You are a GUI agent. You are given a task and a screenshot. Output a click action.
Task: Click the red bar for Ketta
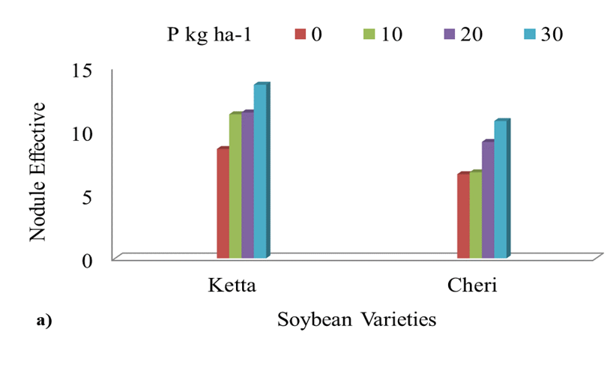223,204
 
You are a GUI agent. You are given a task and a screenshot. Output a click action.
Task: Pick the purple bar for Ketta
247,185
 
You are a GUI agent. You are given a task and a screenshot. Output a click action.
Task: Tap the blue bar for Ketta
259,172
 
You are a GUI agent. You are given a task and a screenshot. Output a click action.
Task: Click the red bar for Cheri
463,217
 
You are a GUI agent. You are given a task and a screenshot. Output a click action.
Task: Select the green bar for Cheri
475,215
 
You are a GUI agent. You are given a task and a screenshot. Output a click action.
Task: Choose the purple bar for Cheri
487,200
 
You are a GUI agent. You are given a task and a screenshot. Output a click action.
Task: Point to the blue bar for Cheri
500,190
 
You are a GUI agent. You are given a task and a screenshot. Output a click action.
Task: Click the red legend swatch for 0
301,34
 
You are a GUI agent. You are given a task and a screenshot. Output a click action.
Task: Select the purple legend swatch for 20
449,34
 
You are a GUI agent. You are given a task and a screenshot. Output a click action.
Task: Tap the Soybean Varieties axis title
357,320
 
